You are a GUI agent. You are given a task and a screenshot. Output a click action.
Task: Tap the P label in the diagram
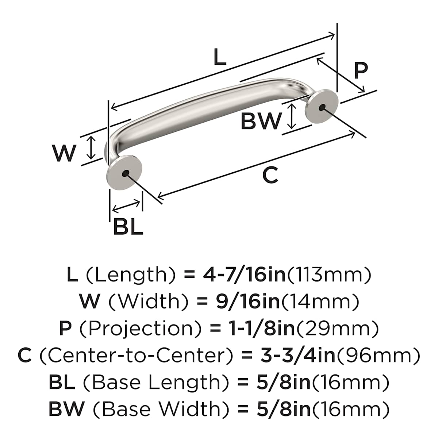click(x=361, y=71)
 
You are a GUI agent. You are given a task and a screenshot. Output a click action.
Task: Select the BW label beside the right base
click(x=261, y=121)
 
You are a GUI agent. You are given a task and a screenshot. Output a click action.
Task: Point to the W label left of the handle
click(x=64, y=153)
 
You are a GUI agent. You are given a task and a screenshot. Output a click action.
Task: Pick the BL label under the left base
click(x=128, y=227)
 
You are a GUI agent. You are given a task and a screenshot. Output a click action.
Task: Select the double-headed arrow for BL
click(x=126, y=206)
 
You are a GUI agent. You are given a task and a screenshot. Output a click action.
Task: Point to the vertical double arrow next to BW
click(x=291, y=116)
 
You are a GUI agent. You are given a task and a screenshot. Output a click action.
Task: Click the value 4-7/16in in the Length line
click(x=244, y=274)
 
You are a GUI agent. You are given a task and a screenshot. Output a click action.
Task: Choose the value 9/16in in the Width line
click(x=248, y=301)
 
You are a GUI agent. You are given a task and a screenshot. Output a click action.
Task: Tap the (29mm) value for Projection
click(x=337, y=328)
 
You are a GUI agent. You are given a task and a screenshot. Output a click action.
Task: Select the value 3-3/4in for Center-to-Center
click(x=297, y=356)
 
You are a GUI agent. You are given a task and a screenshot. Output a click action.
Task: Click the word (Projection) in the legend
click(x=140, y=328)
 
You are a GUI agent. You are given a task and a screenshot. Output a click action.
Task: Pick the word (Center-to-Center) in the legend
click(x=135, y=356)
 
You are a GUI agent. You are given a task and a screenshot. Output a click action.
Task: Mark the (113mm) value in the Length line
click(x=330, y=274)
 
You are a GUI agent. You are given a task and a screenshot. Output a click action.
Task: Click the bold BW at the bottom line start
click(x=66, y=410)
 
